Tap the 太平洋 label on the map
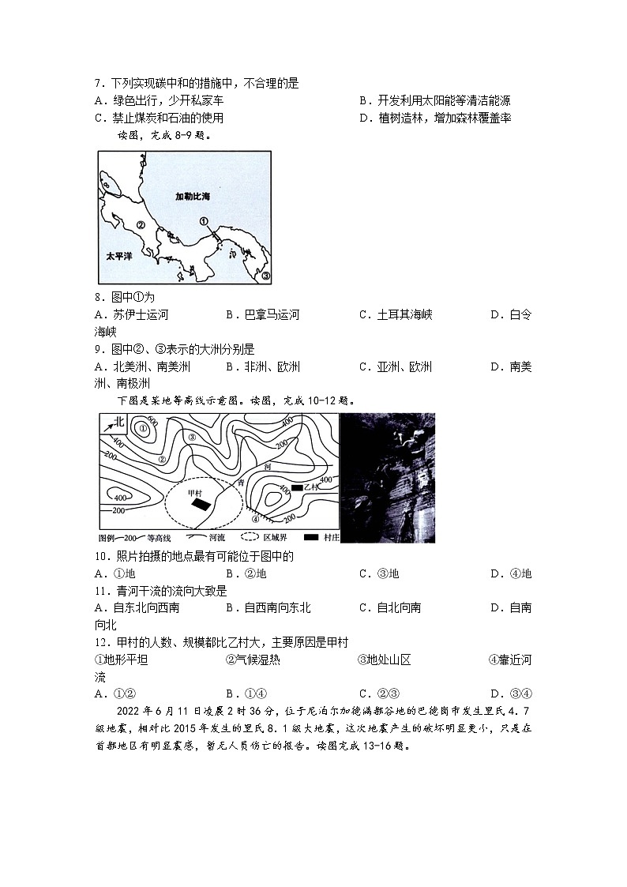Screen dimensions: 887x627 121,257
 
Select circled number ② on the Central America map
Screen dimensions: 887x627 141,224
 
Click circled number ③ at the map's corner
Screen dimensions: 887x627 265,276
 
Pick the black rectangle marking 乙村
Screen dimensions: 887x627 297,488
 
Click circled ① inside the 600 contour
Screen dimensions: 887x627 142,429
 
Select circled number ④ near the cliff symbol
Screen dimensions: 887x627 255,519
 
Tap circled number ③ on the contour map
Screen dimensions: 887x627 191,437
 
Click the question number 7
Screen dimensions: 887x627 99,83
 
